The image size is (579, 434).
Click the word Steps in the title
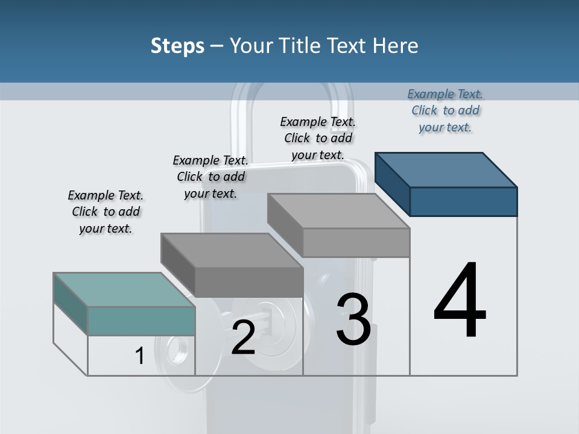click(177, 46)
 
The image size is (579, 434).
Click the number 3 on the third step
click(353, 319)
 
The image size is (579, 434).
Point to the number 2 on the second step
click(243, 338)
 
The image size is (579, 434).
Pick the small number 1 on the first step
click(140, 356)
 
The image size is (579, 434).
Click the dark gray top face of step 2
click(232, 251)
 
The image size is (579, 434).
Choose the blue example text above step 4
click(445, 110)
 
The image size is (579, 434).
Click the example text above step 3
click(318, 138)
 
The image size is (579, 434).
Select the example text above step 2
click(210, 177)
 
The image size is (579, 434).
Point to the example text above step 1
click(106, 212)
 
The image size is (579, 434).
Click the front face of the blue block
click(463, 201)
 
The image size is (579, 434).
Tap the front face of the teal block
click(141, 321)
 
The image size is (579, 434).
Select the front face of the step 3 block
click(356, 242)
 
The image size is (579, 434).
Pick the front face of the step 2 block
click(248, 282)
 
